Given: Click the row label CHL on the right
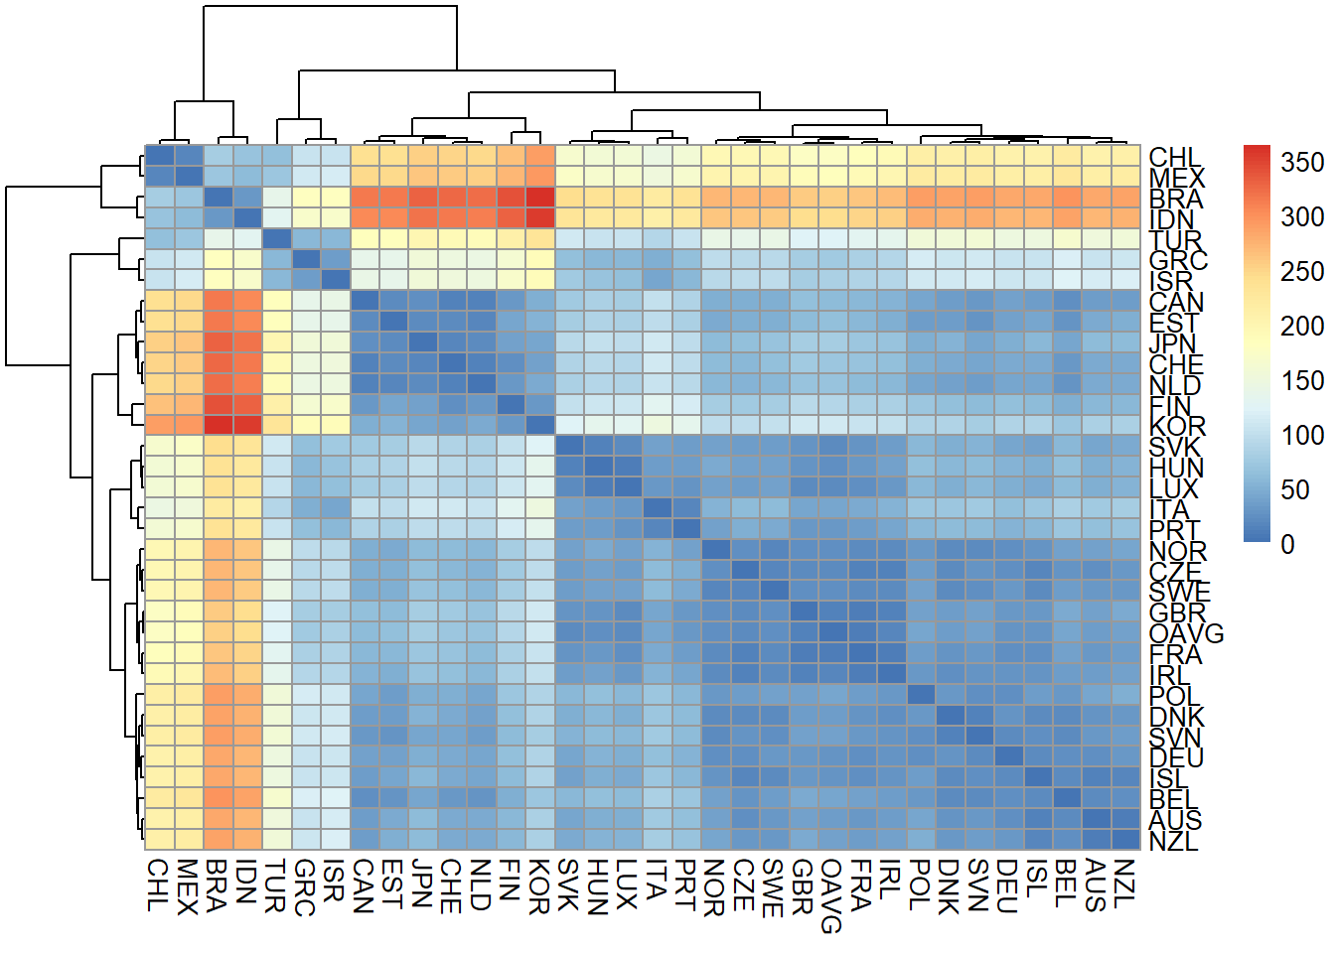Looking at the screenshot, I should pyautogui.click(x=1175, y=158).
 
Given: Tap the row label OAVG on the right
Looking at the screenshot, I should pyautogui.click(x=1186, y=633).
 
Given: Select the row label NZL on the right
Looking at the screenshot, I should pyautogui.click(x=1174, y=841).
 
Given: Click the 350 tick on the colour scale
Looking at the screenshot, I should pyautogui.click(x=1301, y=162).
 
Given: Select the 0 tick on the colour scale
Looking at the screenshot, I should pyautogui.click(x=1287, y=544).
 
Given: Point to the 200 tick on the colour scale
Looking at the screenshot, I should pyautogui.click(x=1301, y=326).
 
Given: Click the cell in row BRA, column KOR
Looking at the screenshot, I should pyautogui.click(x=540, y=198).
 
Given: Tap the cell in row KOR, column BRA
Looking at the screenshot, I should pyautogui.click(x=218, y=425).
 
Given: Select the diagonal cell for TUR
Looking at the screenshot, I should pyautogui.click(x=276, y=238).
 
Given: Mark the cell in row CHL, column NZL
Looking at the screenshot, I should pyautogui.click(x=1125, y=156).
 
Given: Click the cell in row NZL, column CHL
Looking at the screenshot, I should pyautogui.click(x=159, y=839).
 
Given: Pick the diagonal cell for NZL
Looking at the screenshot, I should pyautogui.click(x=1125, y=839).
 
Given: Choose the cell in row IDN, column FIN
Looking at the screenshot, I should pyautogui.click(x=511, y=217).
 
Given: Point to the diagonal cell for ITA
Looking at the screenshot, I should pyautogui.click(x=657, y=507).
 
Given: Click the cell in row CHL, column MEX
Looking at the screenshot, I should pyautogui.click(x=189, y=156).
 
